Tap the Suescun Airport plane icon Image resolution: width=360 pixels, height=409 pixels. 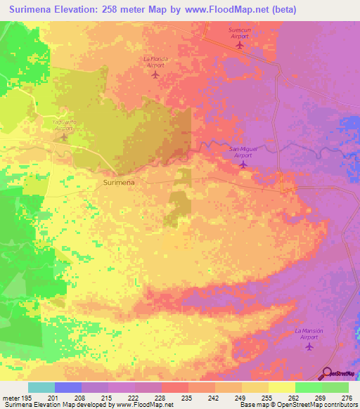pyautogui.click(x=240, y=46)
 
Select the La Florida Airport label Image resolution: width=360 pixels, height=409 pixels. pyautogui.click(x=155, y=60)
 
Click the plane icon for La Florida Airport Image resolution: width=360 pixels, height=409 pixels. pyautogui.click(x=155, y=74)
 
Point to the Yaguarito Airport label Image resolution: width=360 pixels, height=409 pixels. pyautogui.click(x=63, y=125)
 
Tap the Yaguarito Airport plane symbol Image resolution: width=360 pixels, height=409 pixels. pyautogui.click(x=63, y=137)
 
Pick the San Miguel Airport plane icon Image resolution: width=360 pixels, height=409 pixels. pyautogui.click(x=243, y=164)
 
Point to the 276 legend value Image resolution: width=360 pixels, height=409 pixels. pyautogui.click(x=347, y=398)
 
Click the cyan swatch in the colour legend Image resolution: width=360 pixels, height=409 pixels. pyautogui.click(x=41, y=387)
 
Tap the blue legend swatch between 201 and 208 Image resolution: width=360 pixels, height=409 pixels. pyautogui.click(x=68, y=387)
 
